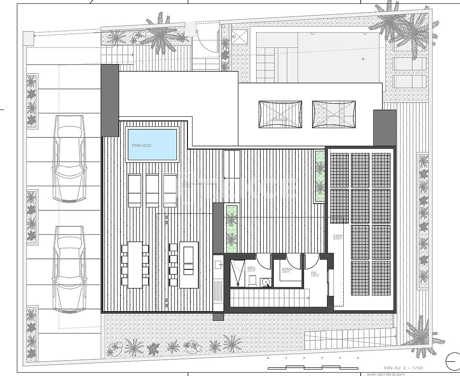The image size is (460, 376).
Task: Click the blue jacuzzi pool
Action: click(x=152, y=145)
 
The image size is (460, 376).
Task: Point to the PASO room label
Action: click(x=315, y=274)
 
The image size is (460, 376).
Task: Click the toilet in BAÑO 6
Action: click(x=252, y=280)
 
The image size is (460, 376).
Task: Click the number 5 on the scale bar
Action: click(x=358, y=358)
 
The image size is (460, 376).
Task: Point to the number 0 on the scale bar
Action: click(x=268, y=358)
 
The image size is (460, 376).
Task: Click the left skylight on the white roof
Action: click(x=280, y=114)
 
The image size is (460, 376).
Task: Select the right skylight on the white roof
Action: click(x=334, y=114)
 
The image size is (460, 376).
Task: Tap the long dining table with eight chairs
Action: click(x=135, y=264)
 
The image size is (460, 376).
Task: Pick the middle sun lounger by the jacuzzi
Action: click(x=152, y=190)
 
